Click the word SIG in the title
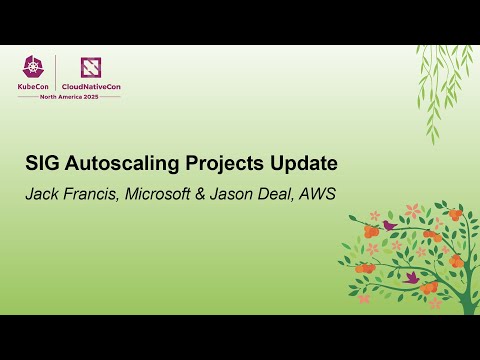click(42, 162)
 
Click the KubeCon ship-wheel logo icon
click(36, 67)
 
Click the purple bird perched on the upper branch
click(388, 226)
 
